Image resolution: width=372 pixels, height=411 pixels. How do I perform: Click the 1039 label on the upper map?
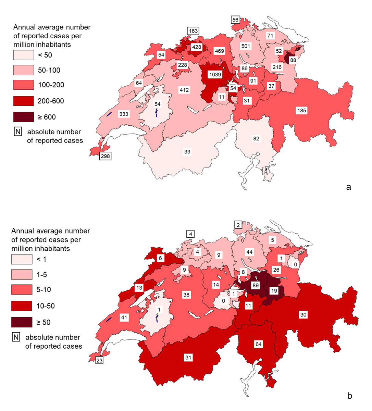[x=215, y=74]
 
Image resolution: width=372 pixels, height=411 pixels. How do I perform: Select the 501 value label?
[x=246, y=46]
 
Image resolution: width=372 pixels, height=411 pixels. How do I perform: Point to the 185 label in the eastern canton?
[x=301, y=110]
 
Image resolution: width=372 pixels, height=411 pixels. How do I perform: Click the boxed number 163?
[x=193, y=31]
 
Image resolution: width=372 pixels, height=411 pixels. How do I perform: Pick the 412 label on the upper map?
[x=184, y=90]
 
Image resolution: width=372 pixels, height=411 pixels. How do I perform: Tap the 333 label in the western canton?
[x=124, y=114]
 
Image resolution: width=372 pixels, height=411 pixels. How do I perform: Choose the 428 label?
[x=196, y=47]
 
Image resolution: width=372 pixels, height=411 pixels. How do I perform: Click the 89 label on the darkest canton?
[x=255, y=285]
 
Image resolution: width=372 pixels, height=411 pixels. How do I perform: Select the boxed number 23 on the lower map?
[x=99, y=360]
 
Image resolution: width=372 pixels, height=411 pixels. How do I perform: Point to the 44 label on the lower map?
[x=249, y=252]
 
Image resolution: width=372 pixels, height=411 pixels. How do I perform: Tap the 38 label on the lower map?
[x=186, y=295]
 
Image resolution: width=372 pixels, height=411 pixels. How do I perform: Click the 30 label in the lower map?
[x=303, y=314]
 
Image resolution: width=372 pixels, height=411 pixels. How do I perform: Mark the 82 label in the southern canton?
[x=256, y=138]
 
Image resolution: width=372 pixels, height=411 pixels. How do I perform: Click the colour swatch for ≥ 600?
[x=24, y=117]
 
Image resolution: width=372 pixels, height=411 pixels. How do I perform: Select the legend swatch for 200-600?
[x=24, y=101]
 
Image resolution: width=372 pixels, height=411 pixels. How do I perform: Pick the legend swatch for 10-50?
[x=22, y=306]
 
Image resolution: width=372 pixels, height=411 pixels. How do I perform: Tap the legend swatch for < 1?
[x=22, y=259]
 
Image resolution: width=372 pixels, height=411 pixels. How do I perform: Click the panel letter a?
[x=349, y=187]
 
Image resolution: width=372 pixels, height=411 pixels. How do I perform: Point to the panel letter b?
[x=349, y=396]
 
